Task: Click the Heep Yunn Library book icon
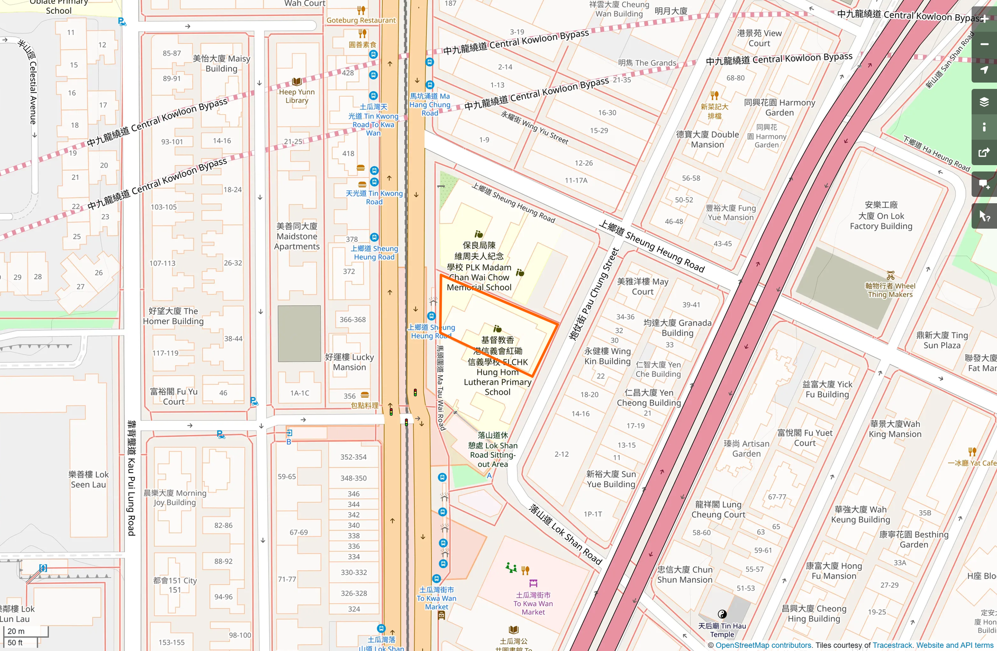[x=297, y=82]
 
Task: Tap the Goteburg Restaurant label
[x=361, y=20]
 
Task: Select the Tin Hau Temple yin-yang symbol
[x=722, y=614]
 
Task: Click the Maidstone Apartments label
[x=297, y=236]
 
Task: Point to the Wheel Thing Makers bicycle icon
[x=891, y=275]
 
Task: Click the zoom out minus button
[x=984, y=44]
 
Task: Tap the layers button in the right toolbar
[x=984, y=102]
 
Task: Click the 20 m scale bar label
[x=16, y=631]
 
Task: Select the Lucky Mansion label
[x=349, y=362]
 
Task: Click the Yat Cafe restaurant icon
[x=972, y=451]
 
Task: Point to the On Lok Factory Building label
[x=881, y=215]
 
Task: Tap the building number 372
[x=349, y=272]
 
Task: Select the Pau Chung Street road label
[x=593, y=294]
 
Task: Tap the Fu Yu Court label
[x=174, y=396]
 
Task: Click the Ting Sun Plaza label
[x=942, y=340]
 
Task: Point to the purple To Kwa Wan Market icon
[x=533, y=583]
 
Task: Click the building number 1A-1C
[x=300, y=393]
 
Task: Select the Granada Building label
[x=677, y=328]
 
